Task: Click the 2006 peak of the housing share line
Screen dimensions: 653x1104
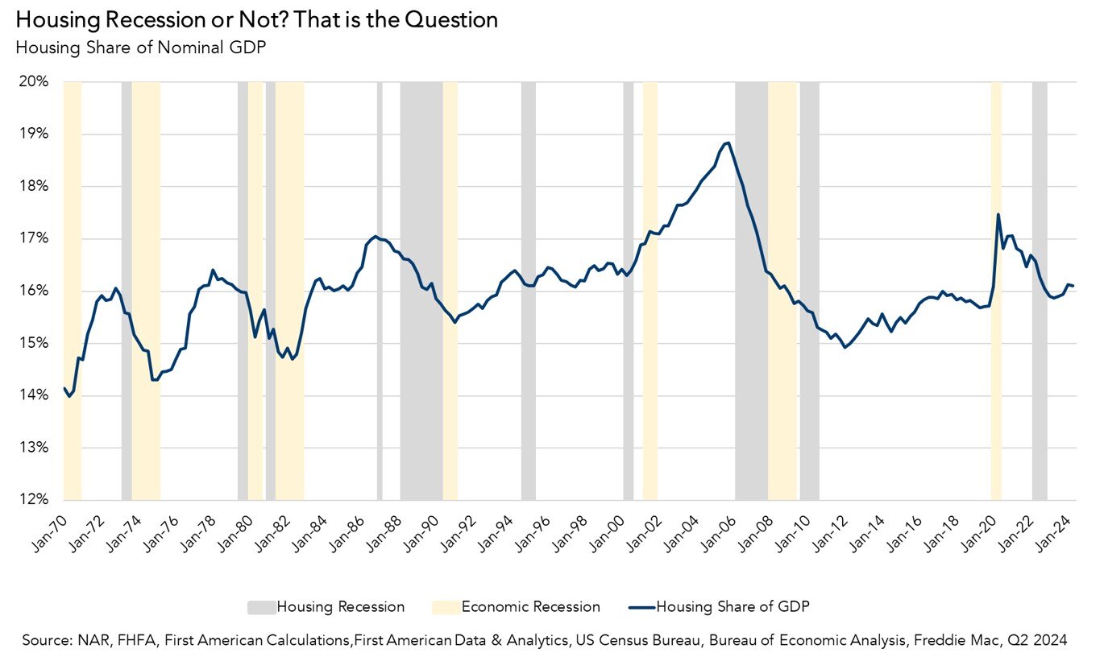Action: point(728,143)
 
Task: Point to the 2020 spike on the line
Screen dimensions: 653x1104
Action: point(998,214)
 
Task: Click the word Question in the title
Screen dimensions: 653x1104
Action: point(451,20)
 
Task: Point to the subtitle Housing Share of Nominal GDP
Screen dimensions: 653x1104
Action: point(140,48)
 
